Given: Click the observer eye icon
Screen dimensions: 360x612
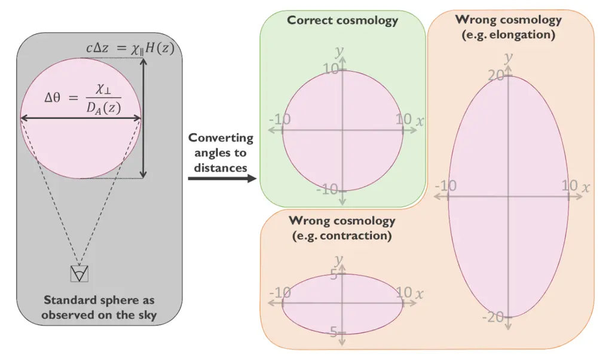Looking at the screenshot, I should point(79,273).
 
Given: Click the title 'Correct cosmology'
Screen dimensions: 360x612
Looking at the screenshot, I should point(342,20).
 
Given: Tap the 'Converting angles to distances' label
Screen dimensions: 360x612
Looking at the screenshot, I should point(221,152).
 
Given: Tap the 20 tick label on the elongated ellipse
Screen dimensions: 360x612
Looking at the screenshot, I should point(496,75).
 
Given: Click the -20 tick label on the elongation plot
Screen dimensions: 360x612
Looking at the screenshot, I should point(493,317).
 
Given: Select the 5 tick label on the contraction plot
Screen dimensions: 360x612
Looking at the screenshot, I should point(334,275).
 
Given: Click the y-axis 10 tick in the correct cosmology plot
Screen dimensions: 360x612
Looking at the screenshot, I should point(332,69).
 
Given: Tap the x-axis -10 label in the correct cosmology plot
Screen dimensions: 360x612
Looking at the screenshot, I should point(280,119).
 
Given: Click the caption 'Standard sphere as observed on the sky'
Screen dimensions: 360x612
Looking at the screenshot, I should point(99,307).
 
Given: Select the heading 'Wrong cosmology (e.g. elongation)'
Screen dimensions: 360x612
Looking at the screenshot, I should point(509,27).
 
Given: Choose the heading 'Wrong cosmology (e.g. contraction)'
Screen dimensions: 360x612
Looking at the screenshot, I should point(342,228).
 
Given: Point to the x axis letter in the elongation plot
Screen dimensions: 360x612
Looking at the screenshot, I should point(586,187).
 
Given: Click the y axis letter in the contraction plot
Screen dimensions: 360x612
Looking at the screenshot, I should point(339,260).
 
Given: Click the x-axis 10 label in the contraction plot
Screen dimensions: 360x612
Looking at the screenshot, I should point(404,292).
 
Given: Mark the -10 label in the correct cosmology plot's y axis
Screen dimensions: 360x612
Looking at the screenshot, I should point(328,190).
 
